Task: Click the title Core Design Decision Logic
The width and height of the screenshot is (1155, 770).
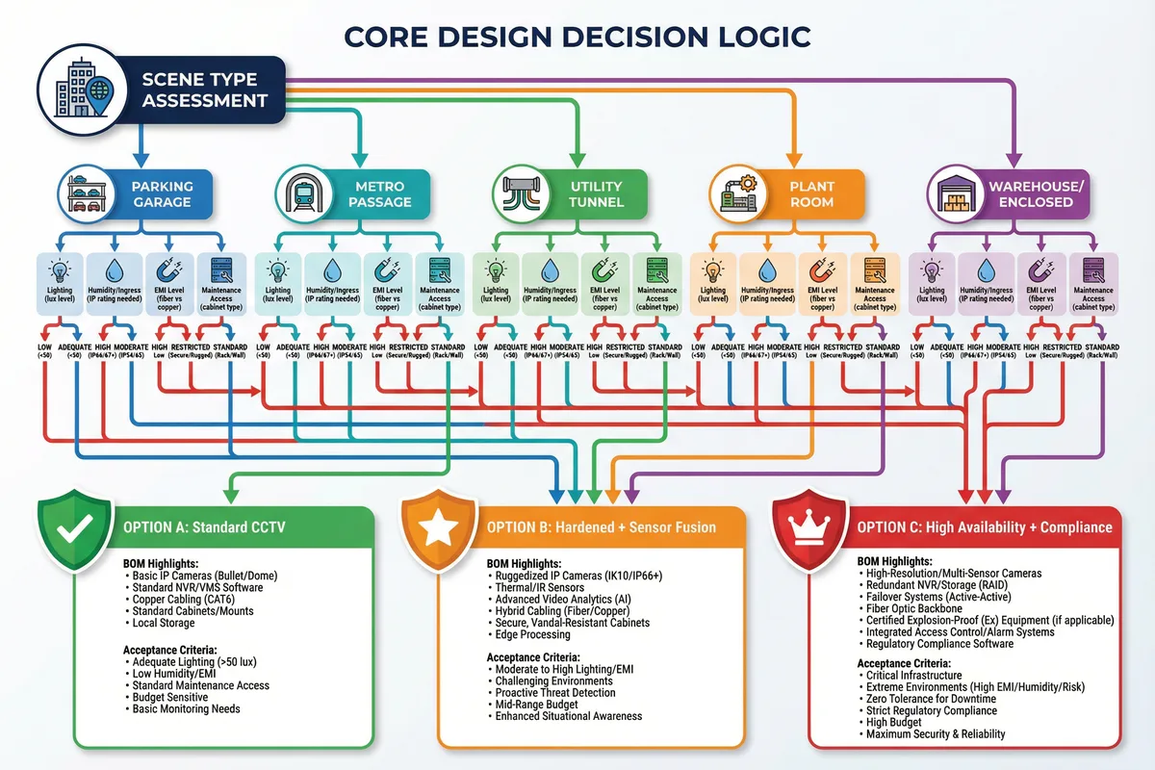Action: pyautogui.click(x=577, y=36)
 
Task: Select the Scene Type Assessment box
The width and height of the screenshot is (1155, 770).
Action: pyautogui.click(x=203, y=90)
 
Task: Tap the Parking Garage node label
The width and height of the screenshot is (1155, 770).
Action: pyautogui.click(x=163, y=193)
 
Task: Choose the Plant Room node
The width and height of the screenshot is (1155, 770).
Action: pyautogui.click(x=811, y=193)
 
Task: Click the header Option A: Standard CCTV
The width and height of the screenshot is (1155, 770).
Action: pyautogui.click(x=205, y=527)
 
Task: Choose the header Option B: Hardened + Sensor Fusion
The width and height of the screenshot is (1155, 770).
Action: pyautogui.click(x=601, y=527)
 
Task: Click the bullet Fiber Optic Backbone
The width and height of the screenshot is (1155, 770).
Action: pyautogui.click(x=913, y=608)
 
